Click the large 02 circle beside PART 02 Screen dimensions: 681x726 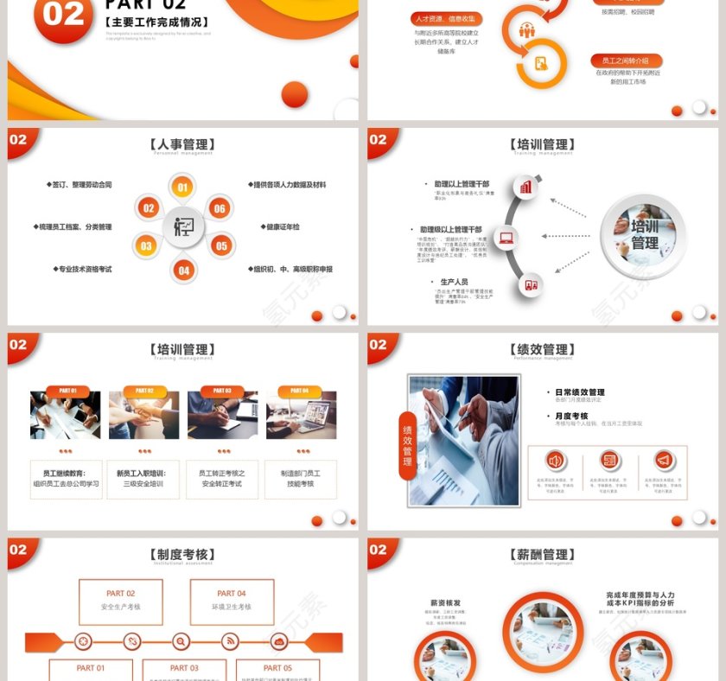click(63, 15)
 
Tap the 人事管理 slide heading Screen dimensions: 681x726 click(182, 144)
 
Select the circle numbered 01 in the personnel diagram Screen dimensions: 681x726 click(182, 187)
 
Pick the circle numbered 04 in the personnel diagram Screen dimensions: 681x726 click(183, 270)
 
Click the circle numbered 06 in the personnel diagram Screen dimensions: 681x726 click(220, 208)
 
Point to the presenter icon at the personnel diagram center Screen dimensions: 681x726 click(183, 227)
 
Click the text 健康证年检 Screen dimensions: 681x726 click(282, 226)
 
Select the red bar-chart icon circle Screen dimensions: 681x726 click(525, 187)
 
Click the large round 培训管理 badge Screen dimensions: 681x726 click(643, 235)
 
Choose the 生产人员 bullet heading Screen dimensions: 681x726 click(454, 282)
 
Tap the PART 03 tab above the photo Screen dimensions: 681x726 click(222, 391)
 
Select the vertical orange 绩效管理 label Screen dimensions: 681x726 click(407, 444)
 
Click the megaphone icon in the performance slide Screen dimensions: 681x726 click(664, 460)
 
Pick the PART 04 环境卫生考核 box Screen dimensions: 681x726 click(232, 601)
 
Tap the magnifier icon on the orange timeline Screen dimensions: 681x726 click(181, 641)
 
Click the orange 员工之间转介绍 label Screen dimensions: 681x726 click(627, 60)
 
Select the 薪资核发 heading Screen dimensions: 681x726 click(445, 602)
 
